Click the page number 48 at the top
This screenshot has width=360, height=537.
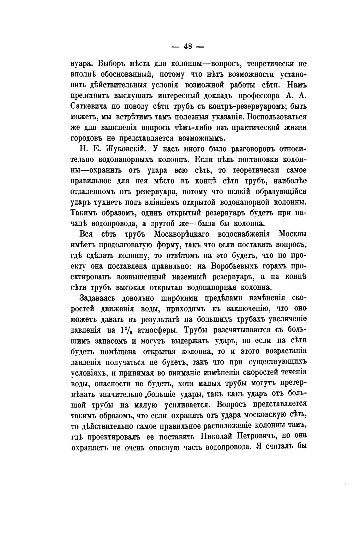click(x=188, y=47)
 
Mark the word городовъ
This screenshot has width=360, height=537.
click(x=90, y=138)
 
